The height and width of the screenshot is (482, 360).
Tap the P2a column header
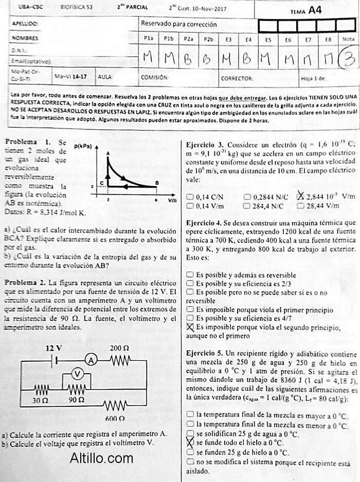[189, 39]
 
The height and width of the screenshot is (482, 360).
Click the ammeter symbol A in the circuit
[91, 361]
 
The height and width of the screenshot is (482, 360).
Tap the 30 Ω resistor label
[40, 399]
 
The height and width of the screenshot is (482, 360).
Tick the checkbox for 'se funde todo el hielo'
[190, 442]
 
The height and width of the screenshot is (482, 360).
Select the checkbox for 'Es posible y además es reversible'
[190, 275]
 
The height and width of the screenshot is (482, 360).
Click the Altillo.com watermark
[101, 457]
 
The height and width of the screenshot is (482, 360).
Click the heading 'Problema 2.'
[24, 283]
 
